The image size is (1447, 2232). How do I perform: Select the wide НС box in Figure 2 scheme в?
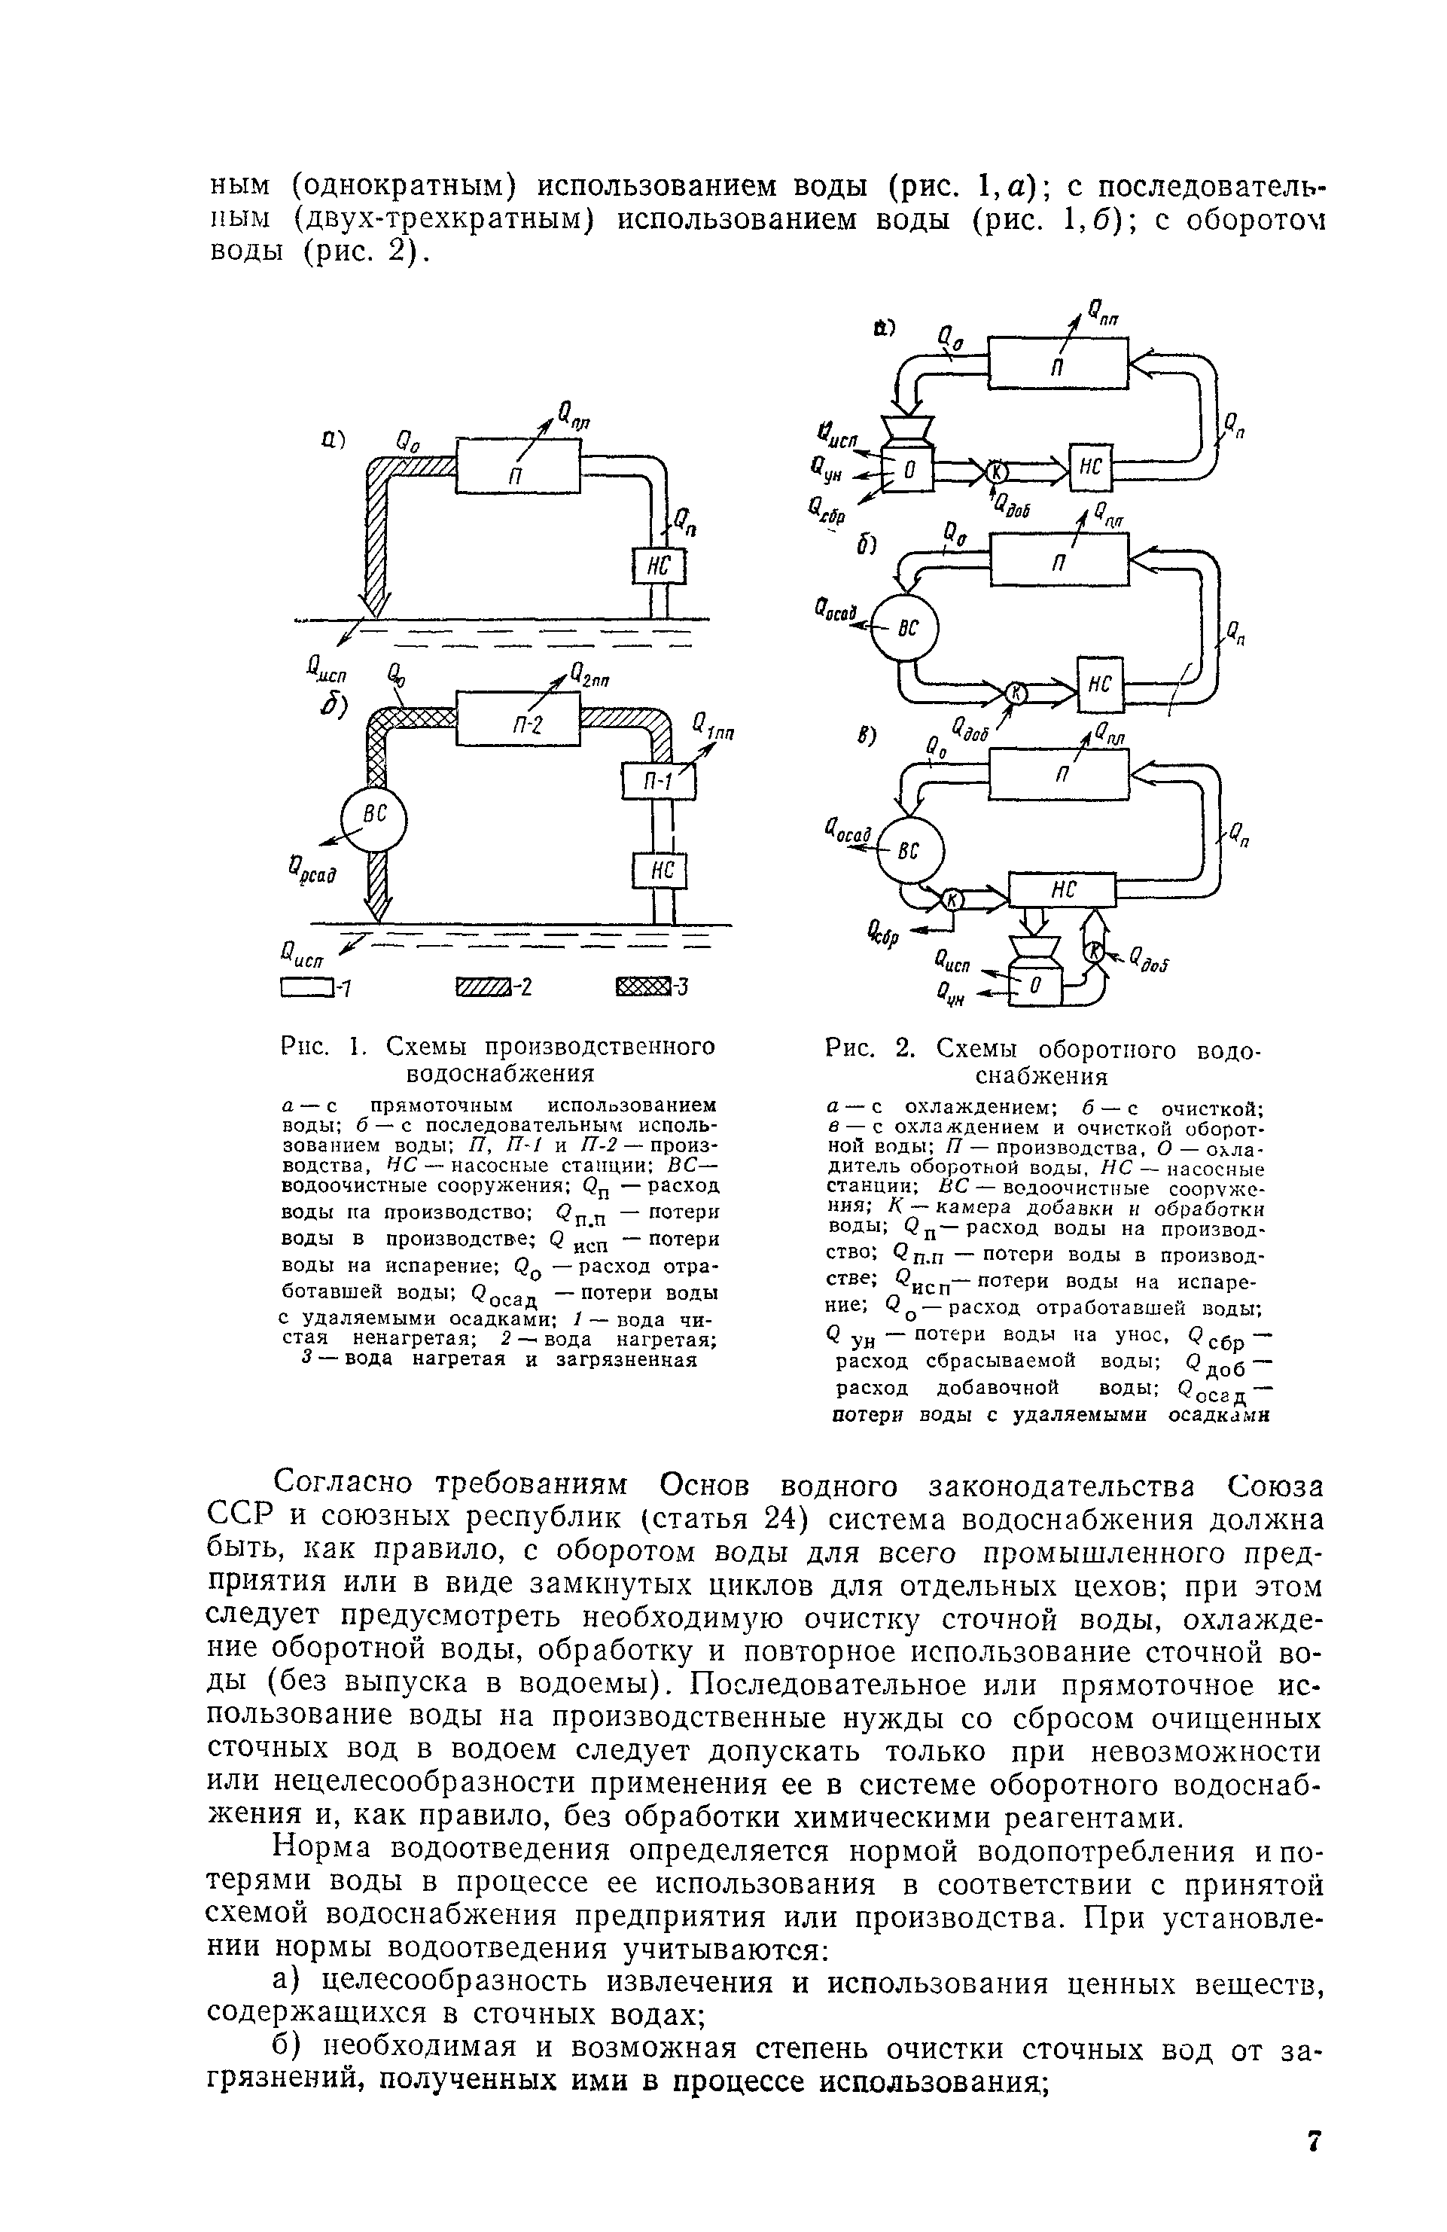tap(1062, 890)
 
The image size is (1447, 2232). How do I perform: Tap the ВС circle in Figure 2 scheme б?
tap(904, 627)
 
